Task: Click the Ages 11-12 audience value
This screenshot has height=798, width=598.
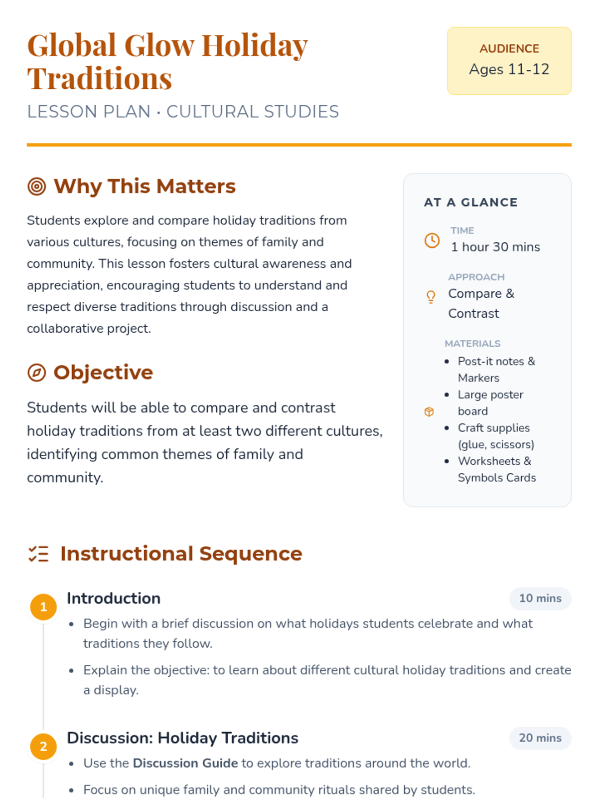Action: [509, 69]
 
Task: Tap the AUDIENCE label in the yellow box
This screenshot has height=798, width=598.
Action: [509, 48]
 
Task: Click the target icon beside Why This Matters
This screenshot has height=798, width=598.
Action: [37, 187]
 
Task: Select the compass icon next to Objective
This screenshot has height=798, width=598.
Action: [37, 373]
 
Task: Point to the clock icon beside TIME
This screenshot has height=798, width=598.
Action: [432, 240]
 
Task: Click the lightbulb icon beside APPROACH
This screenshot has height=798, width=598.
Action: [431, 297]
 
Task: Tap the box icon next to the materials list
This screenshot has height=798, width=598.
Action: [429, 411]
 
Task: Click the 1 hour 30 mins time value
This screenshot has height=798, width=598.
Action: [495, 247]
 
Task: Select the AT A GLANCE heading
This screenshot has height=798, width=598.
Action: [471, 202]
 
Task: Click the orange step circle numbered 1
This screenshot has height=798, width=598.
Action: [43, 607]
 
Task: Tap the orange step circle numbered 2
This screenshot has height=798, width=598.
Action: [43, 747]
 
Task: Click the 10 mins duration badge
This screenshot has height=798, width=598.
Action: [540, 598]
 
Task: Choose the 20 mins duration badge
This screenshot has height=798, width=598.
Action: [540, 738]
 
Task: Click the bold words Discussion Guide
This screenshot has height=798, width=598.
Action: [185, 763]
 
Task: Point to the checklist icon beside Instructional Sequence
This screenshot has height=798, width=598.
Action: [38, 554]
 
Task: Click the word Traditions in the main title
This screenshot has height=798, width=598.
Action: [100, 79]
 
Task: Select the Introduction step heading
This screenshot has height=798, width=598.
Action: [114, 598]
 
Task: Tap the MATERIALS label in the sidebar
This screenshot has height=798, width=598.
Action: [472, 344]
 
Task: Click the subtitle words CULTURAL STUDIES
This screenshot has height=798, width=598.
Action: [253, 112]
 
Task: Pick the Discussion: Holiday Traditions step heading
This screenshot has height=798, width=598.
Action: [182, 738]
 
